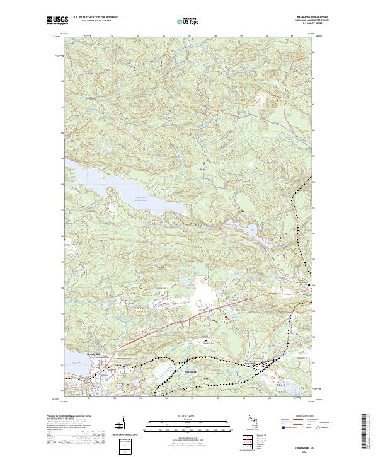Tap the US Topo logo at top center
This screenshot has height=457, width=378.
(190, 21)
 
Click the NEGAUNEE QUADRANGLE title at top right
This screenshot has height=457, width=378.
(306, 17)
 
